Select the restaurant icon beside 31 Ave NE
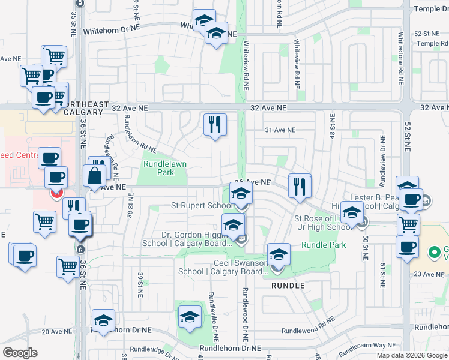click(x=214, y=125)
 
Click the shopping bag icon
click(x=95, y=176)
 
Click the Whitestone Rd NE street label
click(x=399, y=60)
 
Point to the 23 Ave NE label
click(x=432, y=274)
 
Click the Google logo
click(x=20, y=352)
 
